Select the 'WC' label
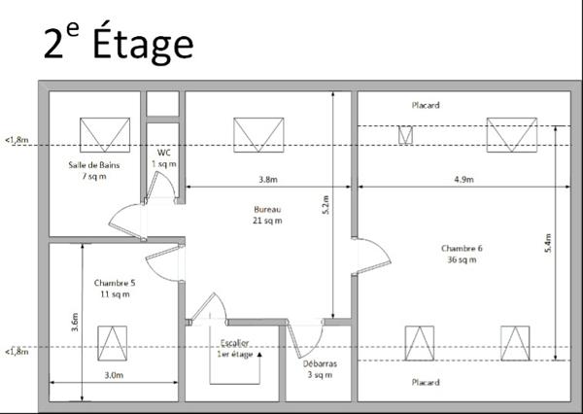coord(163,158)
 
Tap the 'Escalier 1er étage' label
coord(235,349)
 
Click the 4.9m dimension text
coord(463,179)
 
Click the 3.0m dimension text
coord(114,374)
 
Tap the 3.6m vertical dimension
coord(75,322)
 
